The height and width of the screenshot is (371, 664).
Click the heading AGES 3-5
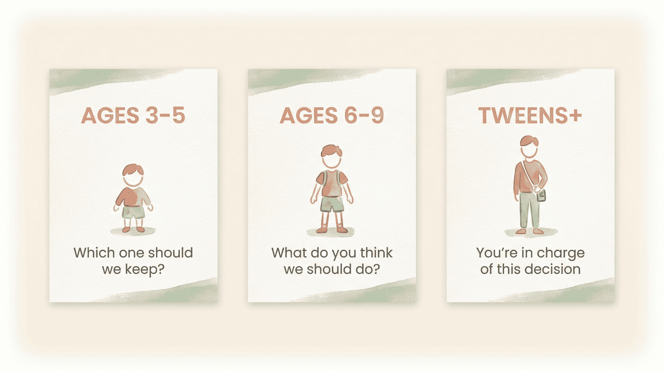pos(133,116)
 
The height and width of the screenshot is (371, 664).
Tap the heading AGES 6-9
pos(332,116)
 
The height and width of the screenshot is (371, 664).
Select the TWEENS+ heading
pos(530,116)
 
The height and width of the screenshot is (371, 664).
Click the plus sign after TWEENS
pos(574,116)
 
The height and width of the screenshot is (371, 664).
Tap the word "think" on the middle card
pos(377,253)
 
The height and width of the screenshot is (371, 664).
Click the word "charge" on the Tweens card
pos(560,253)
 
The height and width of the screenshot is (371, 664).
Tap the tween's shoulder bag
pos(541,196)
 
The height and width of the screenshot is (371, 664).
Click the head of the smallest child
pos(133,176)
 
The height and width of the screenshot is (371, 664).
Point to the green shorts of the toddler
pos(133,212)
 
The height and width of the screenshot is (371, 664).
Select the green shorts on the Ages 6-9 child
pos(332,204)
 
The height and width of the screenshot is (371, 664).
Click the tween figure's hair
pos(529,141)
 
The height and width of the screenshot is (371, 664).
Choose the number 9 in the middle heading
pos(377,116)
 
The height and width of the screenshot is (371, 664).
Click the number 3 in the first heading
pos(152,116)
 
